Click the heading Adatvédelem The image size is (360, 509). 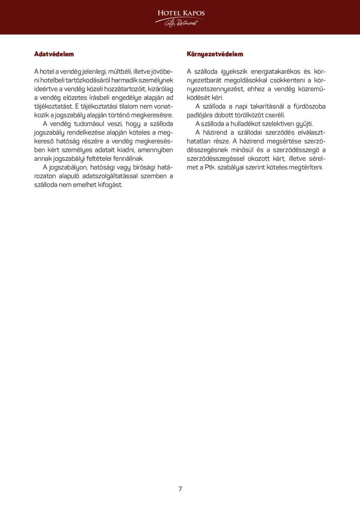click(54, 54)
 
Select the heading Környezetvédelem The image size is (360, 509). click(215, 54)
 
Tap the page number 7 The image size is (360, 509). click(180, 489)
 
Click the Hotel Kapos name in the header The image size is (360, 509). click(180, 13)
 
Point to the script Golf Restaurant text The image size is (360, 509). click(181, 23)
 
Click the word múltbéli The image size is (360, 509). click(121, 71)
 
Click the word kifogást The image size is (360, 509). click(109, 185)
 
